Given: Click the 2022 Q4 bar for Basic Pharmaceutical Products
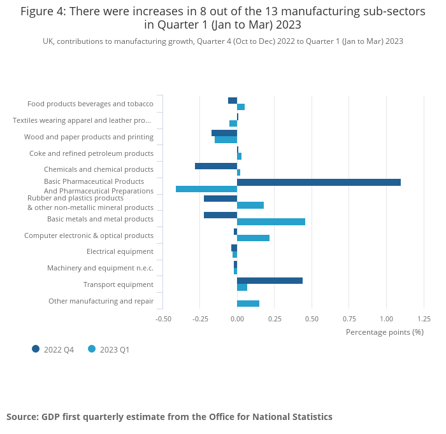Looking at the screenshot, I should (x=319, y=182).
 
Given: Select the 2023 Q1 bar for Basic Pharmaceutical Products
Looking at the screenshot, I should (x=206, y=189).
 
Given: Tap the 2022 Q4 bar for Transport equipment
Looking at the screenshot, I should (x=270, y=281).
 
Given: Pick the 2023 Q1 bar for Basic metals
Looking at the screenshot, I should (x=271, y=221).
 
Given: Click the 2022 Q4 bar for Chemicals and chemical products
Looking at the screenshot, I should (x=216, y=166).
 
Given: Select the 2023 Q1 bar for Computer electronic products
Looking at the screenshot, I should (x=253, y=238).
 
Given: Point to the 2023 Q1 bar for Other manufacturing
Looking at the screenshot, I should (x=248, y=304).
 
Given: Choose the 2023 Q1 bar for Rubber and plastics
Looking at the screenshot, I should (x=250, y=205).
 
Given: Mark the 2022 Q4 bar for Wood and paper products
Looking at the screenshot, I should (x=224, y=133).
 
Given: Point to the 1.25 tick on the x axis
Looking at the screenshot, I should (x=424, y=319).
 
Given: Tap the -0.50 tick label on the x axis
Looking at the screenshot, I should (x=163, y=319).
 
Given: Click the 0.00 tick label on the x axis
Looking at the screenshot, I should (x=237, y=319).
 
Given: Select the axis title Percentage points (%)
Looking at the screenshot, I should (x=384, y=332).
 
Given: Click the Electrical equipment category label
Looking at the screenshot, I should (x=120, y=251).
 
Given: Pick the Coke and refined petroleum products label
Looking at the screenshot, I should (x=91, y=153).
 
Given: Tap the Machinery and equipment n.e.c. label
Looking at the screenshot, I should (x=100, y=268).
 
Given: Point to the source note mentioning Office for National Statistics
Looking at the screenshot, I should (x=169, y=417).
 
